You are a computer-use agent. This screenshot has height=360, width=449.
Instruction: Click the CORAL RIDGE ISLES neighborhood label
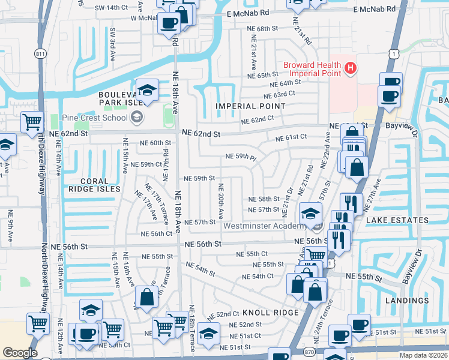coord(95,185)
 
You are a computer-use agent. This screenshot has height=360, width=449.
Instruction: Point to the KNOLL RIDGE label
coord(270,313)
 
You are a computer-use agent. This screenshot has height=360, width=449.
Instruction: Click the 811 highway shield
coord(41,53)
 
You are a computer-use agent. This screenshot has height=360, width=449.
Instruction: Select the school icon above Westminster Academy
coord(310,214)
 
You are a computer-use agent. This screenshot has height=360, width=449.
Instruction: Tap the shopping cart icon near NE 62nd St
coord(31,122)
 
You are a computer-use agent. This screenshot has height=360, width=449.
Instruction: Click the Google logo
coord(20,352)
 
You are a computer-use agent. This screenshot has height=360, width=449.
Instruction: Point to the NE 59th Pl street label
coord(241,157)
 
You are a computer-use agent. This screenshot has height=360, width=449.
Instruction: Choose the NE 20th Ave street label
coord(221,200)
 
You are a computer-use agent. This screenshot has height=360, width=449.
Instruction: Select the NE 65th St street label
coord(259,76)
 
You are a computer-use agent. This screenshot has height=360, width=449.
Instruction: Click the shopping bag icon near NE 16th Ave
coord(146,296)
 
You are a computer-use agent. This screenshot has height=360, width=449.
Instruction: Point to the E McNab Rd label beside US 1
coord(375,10)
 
